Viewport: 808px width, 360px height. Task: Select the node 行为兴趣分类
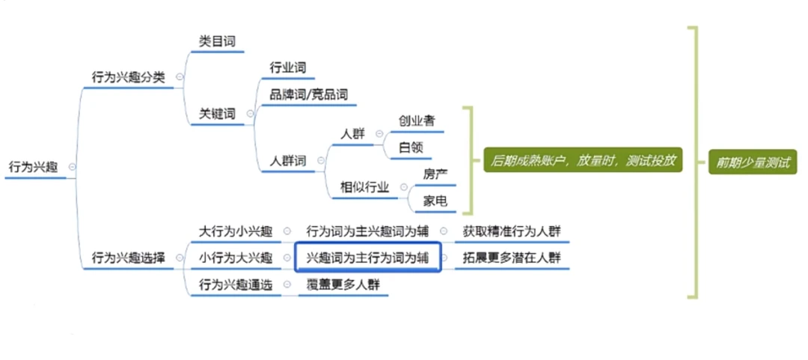(128, 76)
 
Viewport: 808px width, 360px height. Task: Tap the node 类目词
(217, 41)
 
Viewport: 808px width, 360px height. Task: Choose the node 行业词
(288, 68)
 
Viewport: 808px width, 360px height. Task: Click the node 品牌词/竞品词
(308, 96)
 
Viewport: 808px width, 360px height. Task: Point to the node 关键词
(217, 114)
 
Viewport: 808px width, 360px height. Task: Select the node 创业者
(417, 120)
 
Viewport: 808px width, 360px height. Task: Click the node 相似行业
(364, 187)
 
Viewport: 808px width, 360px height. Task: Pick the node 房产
(435, 174)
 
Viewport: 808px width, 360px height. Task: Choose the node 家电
(435, 201)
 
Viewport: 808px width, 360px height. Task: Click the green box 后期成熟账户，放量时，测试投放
(584, 160)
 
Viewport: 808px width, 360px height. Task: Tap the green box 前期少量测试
(753, 161)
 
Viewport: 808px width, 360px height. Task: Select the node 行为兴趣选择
(128, 257)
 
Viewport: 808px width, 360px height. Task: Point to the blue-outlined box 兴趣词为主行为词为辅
(368, 257)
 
